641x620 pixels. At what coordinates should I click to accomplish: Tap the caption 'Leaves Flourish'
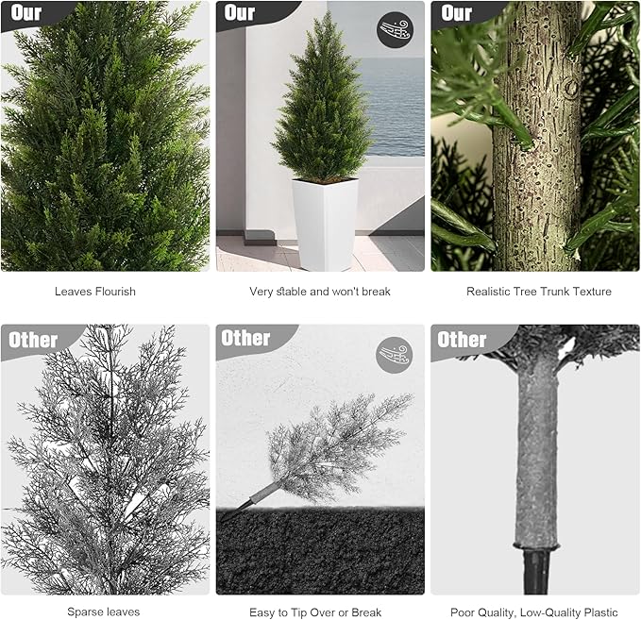(95, 292)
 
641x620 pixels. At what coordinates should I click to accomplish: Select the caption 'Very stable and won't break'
(320, 292)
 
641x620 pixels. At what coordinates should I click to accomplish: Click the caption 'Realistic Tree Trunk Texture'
(539, 292)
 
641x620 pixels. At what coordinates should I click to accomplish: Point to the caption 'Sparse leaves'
(98, 612)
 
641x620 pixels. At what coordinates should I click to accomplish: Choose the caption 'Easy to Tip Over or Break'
(315, 612)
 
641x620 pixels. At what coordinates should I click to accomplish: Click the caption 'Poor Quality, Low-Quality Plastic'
(534, 612)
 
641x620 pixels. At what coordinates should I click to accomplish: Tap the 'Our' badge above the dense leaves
(26, 13)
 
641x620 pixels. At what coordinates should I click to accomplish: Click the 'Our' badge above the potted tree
(240, 13)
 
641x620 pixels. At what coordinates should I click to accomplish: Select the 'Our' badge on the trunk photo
(456, 13)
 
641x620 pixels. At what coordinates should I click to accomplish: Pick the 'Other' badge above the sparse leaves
(33, 340)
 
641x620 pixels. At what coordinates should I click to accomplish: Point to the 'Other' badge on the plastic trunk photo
(462, 340)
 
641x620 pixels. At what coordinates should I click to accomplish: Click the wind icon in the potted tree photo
(395, 30)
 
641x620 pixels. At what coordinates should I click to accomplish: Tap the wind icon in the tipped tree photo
(395, 354)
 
